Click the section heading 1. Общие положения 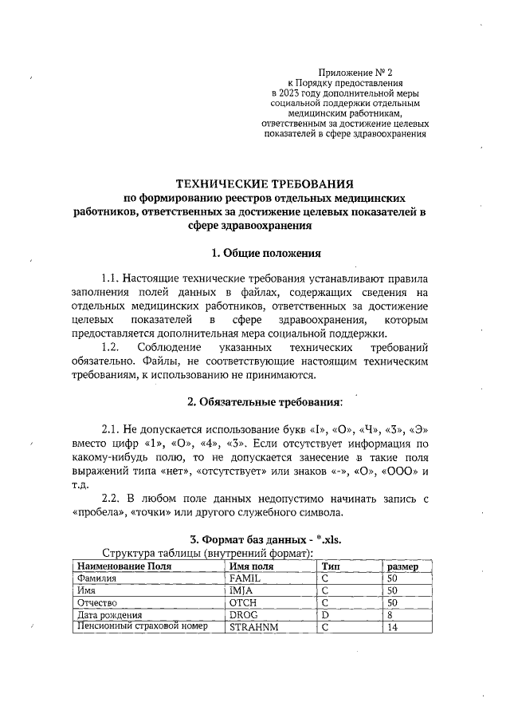point(265,254)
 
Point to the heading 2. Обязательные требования point(265,400)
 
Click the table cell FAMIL point(245,578)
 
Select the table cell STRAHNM point(254,628)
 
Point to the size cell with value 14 point(391,628)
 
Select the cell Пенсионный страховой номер point(141,627)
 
